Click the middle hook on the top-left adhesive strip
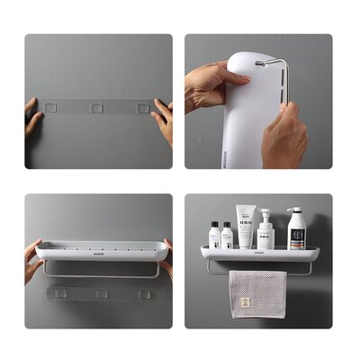(96, 107)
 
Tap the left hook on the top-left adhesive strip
(52, 107)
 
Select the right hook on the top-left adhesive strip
(140, 107)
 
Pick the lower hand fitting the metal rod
(286, 135)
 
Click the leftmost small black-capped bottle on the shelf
(215, 236)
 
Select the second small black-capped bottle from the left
(228, 237)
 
